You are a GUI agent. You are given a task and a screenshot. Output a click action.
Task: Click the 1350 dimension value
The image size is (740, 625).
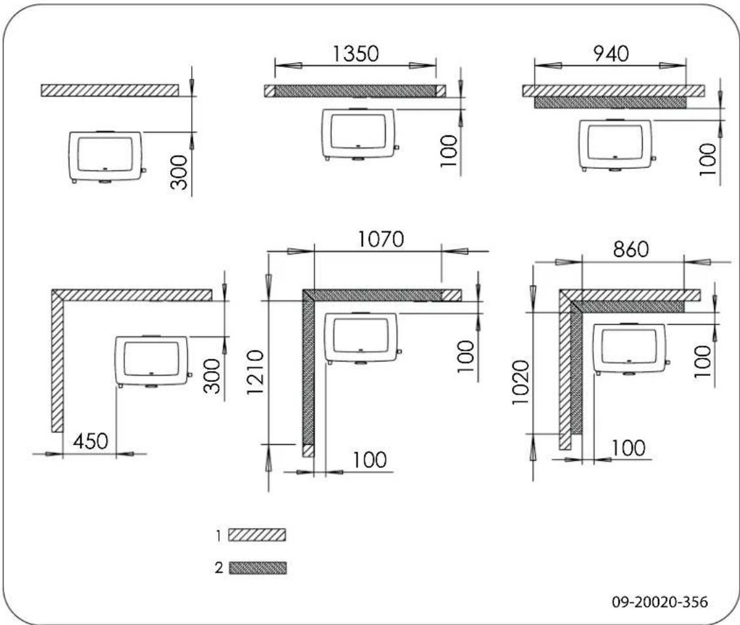point(356,54)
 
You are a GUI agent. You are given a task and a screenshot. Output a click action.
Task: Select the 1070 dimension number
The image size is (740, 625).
point(381,241)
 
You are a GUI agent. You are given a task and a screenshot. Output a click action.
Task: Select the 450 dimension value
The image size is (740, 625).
point(89,442)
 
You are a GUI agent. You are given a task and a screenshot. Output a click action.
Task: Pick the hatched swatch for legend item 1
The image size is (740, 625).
point(257,536)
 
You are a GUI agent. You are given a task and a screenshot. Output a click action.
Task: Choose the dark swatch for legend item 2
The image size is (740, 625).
point(257,567)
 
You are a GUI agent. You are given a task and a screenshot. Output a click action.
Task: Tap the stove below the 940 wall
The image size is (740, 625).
point(616,145)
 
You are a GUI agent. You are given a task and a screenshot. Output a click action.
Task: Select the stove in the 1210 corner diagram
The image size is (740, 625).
point(362,337)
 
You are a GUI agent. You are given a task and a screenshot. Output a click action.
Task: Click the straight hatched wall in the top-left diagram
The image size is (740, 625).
point(109,90)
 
